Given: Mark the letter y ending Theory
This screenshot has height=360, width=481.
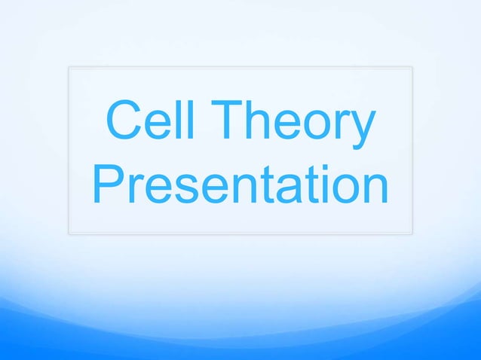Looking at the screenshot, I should [361, 134].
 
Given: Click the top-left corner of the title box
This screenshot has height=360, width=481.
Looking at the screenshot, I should [69, 67].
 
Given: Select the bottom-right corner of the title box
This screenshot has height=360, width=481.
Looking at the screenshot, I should [412, 233].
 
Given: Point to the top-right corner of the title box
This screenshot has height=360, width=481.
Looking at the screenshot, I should [412, 67].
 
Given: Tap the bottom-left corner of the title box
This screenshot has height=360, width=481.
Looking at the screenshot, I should [69, 233].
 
